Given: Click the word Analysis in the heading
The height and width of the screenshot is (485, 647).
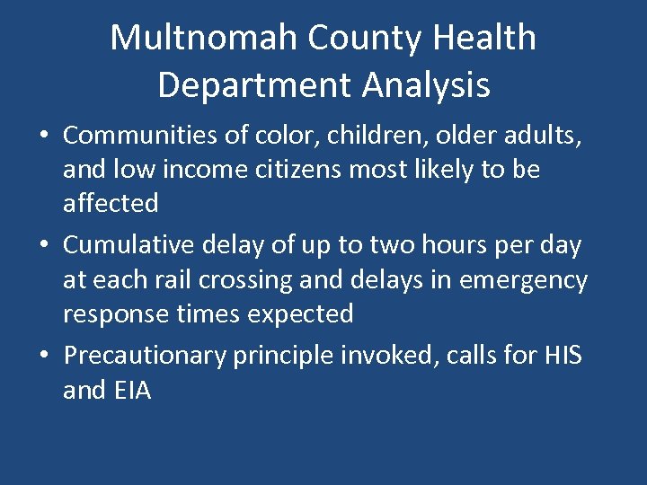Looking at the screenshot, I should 427,85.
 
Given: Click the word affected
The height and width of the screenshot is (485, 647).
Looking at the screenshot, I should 111,204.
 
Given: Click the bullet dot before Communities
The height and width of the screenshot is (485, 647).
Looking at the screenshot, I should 43,137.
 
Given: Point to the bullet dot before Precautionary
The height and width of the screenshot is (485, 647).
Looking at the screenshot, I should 43,357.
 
